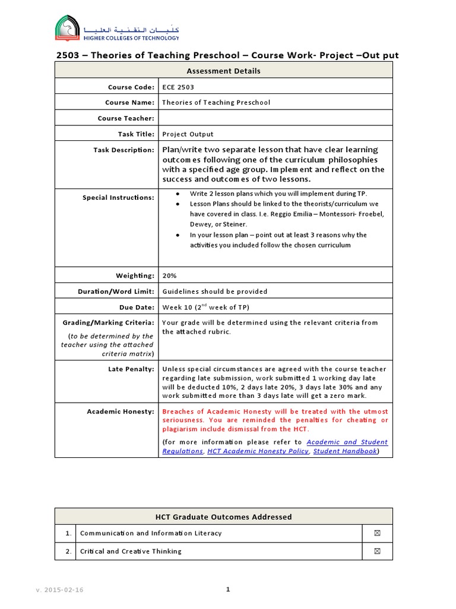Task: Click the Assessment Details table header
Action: pos(223,71)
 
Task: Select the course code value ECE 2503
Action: pos(178,87)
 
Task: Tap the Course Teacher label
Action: pos(126,118)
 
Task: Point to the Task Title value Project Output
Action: pos(188,134)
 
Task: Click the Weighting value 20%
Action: pos(169,275)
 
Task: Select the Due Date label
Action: pos(135,307)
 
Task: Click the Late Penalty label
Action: pos(132,369)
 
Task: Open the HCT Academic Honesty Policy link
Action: pos(258,451)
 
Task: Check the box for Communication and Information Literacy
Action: pos(377,533)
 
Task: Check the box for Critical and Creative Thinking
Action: pos(377,551)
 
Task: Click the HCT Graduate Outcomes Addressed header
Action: pos(223,517)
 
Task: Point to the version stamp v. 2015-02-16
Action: pos(59,589)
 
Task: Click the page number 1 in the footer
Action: pos(227,589)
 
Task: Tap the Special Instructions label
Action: pos(118,197)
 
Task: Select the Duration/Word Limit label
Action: pos(116,291)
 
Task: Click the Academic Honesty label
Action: pos(121,412)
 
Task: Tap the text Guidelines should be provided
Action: pos(214,291)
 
